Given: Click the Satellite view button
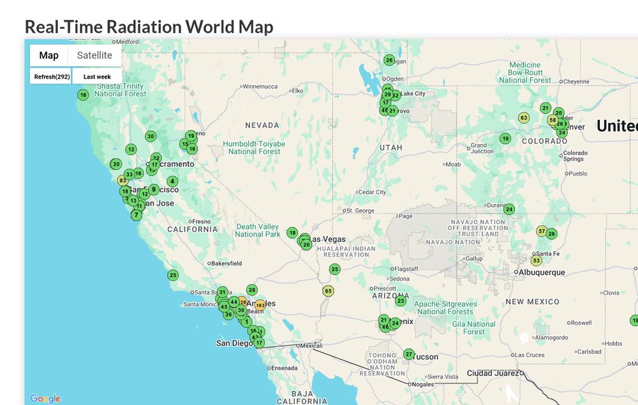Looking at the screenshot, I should click(x=94, y=55).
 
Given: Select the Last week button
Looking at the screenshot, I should click(x=97, y=77).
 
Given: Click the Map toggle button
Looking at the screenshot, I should click(x=48, y=55).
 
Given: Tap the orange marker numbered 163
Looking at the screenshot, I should click(x=260, y=306).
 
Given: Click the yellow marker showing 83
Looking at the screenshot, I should click(x=123, y=180).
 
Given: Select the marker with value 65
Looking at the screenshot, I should click(x=329, y=291).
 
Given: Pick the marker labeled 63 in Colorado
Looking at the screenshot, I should click(x=524, y=118).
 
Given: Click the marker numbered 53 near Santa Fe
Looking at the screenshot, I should click(x=537, y=260).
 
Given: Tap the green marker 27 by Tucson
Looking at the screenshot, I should click(x=409, y=355).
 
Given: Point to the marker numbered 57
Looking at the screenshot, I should click(x=542, y=231).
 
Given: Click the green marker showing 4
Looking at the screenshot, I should click(x=172, y=181).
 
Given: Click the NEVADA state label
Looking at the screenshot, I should click(x=262, y=125).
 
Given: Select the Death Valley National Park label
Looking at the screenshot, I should click(x=257, y=230).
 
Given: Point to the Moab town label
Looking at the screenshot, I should click(x=452, y=165).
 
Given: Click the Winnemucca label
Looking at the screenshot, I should click(x=260, y=87).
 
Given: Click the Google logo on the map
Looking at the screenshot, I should click(x=45, y=399).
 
